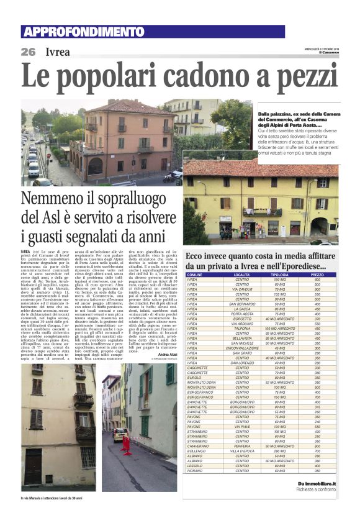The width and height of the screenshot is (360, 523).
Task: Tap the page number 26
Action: pyautogui.click(x=28, y=52)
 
